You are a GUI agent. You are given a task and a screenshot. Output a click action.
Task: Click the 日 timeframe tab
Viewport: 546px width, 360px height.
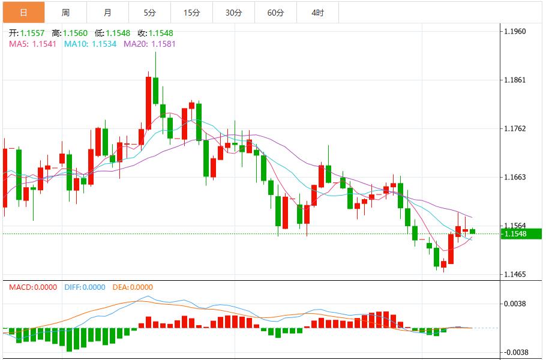[23, 13]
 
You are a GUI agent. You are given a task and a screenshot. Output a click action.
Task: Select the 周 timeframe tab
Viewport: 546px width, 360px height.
[65, 13]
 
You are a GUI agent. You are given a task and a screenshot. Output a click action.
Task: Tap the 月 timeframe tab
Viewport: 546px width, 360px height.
[107, 13]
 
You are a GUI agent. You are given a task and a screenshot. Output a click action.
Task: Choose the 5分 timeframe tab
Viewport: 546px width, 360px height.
[149, 13]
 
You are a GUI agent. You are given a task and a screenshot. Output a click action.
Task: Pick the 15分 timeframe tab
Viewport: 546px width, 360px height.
[191, 13]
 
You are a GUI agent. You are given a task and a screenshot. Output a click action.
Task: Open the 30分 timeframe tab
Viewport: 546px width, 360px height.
[233, 13]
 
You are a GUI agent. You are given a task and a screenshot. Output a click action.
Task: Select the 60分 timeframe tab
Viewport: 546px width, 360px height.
[275, 13]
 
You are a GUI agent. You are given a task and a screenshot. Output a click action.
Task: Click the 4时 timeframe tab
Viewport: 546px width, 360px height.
[317, 13]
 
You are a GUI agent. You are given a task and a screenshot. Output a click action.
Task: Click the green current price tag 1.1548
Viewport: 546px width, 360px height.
[521, 233]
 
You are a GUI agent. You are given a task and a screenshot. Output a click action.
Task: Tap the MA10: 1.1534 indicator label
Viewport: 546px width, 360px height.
[91, 44]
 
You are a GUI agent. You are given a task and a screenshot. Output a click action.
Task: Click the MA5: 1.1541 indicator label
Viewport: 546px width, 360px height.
[33, 44]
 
